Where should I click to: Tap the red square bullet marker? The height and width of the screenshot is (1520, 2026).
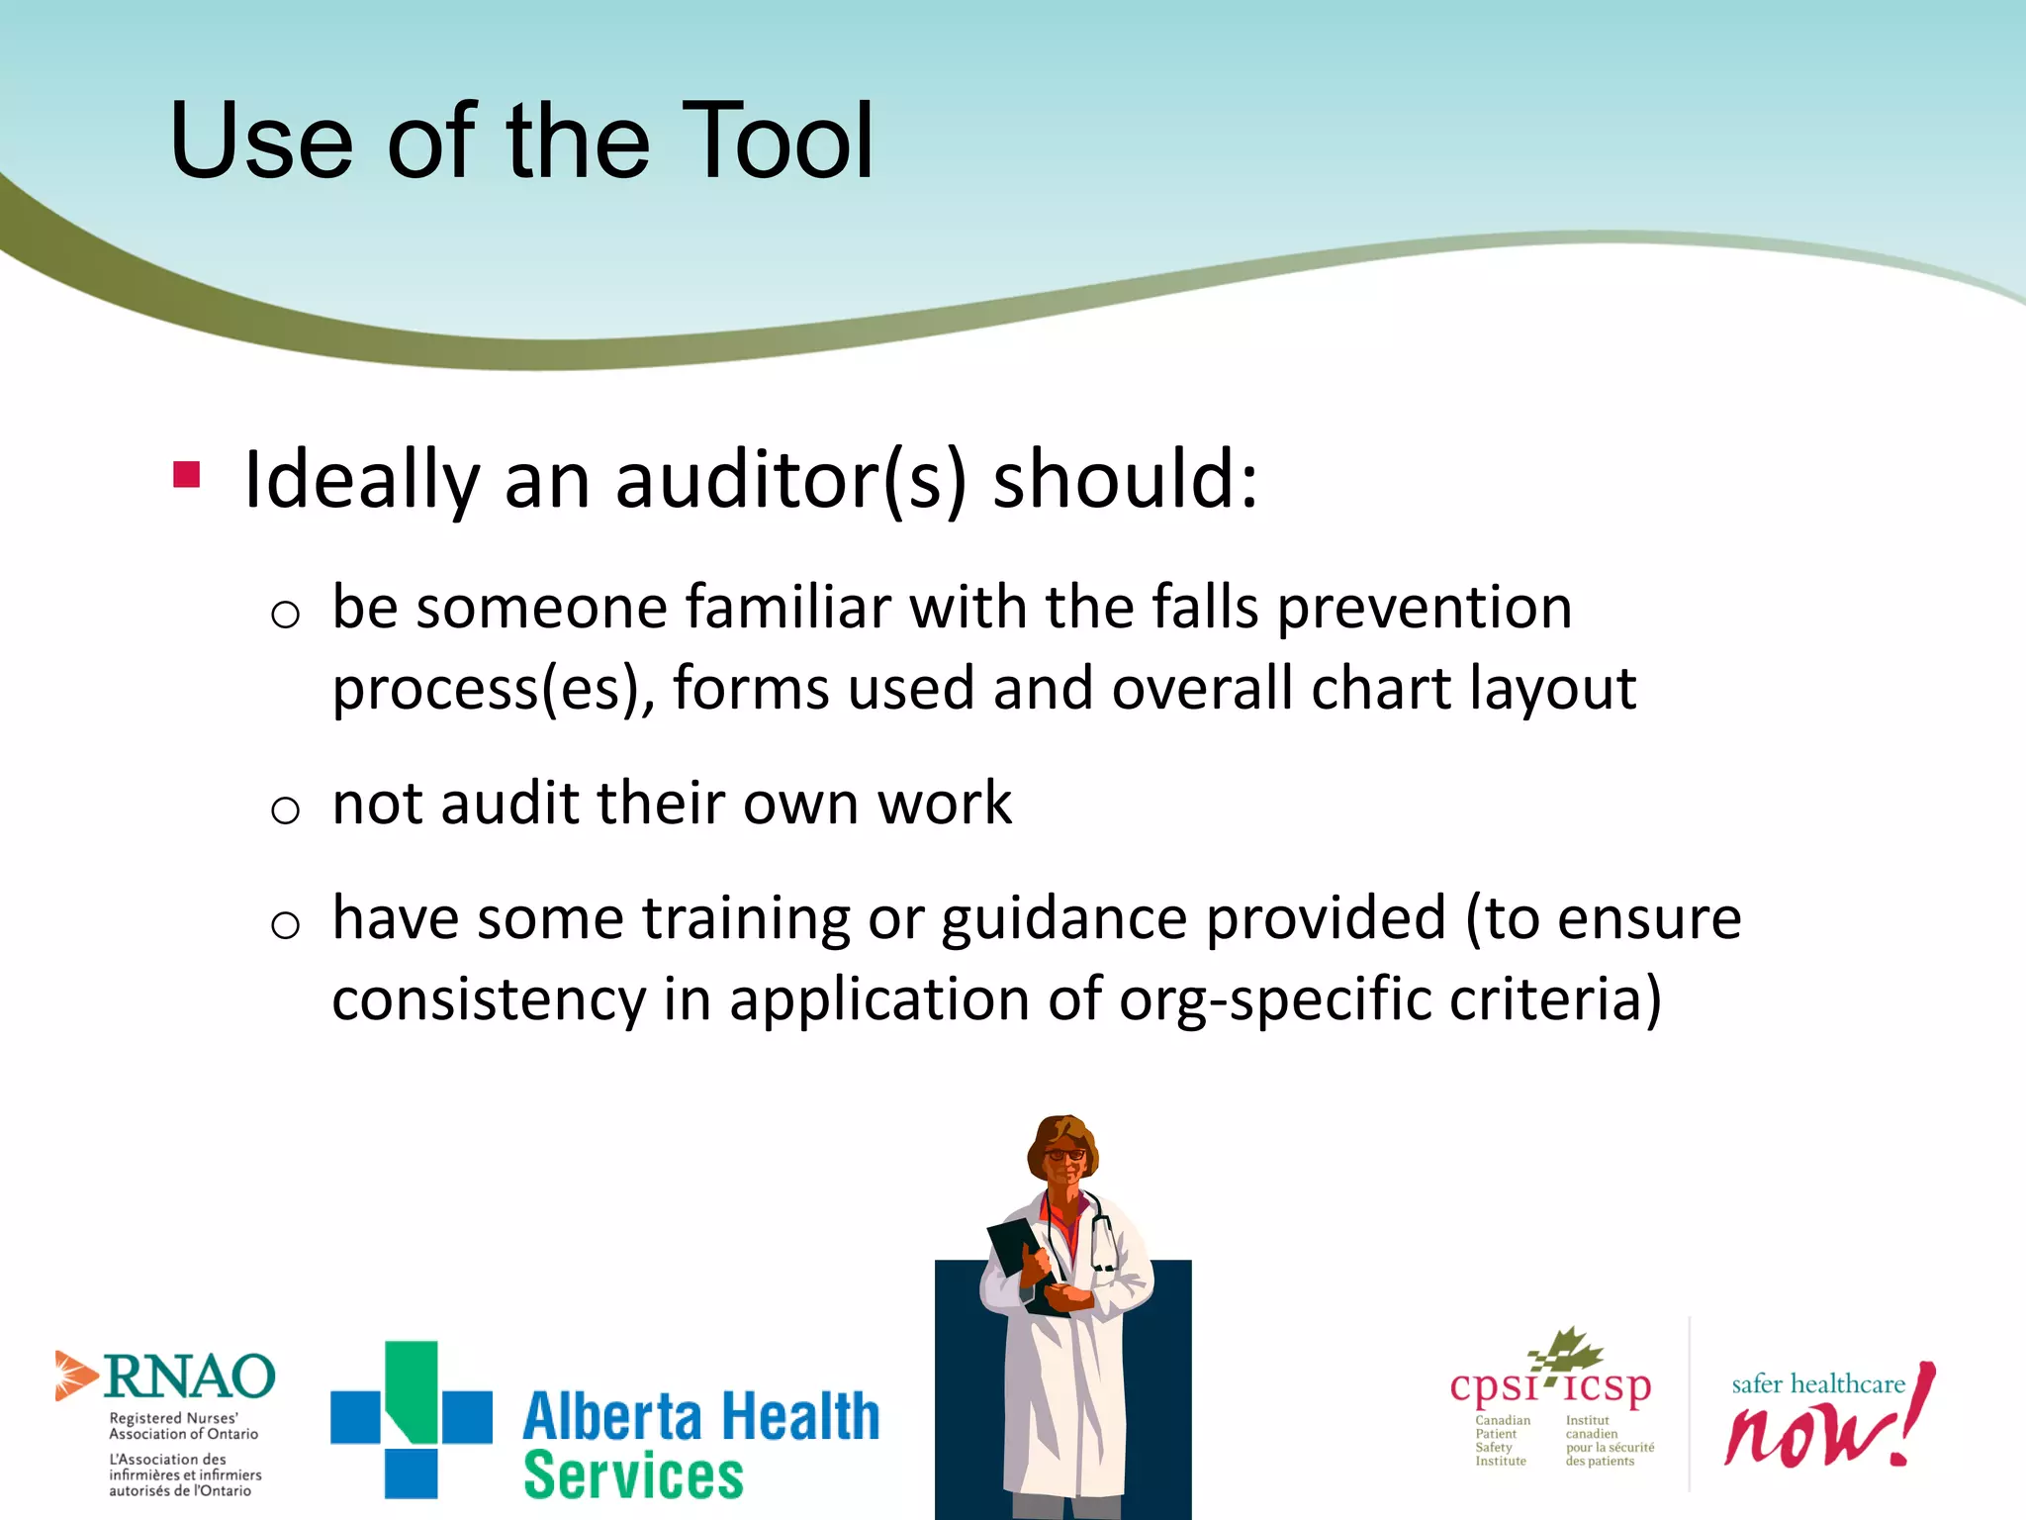pos(186,475)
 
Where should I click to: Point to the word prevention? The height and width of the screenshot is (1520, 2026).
pos(1425,609)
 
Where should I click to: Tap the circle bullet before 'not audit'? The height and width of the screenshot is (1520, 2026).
pos(285,810)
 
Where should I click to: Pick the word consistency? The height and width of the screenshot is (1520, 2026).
pos(489,999)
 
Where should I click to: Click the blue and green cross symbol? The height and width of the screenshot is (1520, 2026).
pos(411,1418)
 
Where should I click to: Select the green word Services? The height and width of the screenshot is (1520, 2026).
pos(633,1475)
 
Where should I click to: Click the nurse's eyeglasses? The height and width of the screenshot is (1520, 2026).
pos(1064,1154)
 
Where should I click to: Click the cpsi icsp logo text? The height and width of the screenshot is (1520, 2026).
pos(1550,1387)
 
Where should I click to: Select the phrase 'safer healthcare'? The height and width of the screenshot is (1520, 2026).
pos(1818,1383)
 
